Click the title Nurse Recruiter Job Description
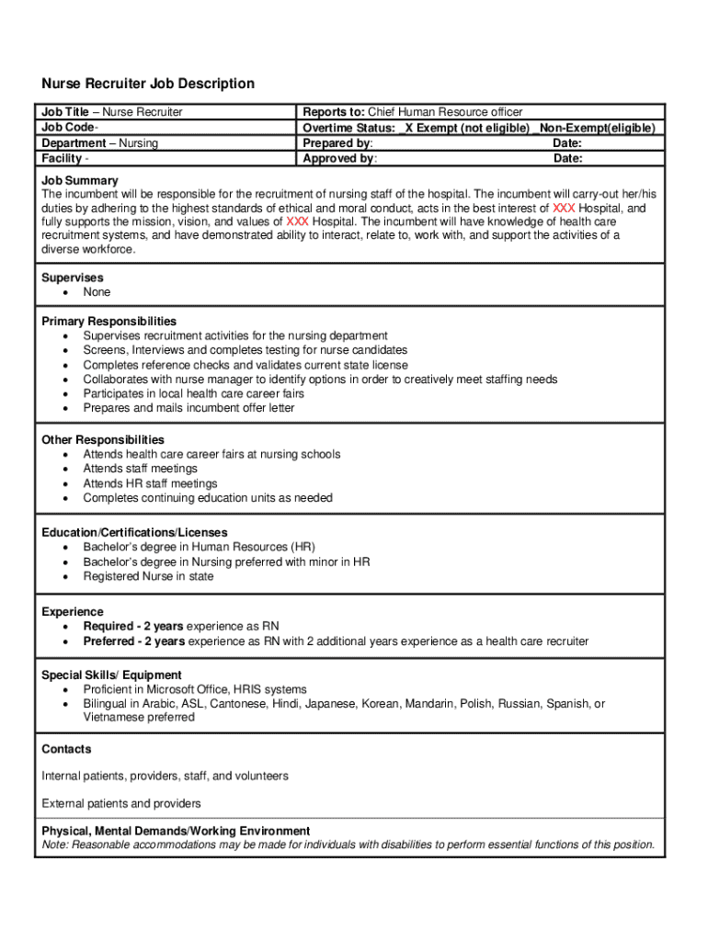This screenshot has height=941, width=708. [148, 84]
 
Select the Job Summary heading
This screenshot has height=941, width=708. [79, 180]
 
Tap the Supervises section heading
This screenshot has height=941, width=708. [73, 278]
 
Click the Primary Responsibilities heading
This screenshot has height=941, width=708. [109, 322]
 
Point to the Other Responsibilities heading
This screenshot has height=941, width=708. [103, 440]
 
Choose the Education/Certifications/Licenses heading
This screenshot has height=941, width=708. [134, 533]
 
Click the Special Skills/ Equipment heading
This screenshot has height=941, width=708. [111, 675]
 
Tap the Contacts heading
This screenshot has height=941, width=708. [66, 750]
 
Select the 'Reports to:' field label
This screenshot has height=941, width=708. [334, 112]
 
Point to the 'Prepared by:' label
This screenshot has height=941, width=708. [337, 143]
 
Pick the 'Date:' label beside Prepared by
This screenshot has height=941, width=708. [567, 143]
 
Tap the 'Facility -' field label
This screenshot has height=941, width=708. [65, 159]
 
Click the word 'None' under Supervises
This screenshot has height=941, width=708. [97, 292]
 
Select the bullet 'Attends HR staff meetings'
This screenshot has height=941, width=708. [150, 483]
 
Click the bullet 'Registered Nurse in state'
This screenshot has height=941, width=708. [148, 577]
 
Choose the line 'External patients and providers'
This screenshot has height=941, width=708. [121, 803]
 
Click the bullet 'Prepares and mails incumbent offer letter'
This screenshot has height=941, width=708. [188, 408]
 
